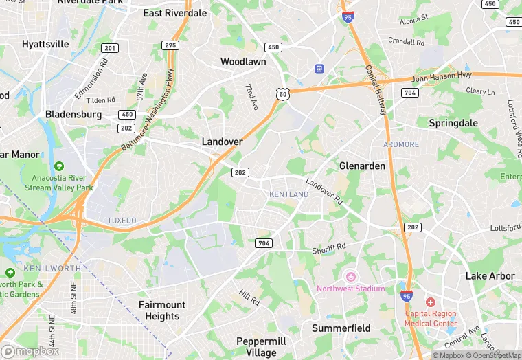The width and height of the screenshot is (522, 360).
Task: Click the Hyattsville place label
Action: pos(45,44)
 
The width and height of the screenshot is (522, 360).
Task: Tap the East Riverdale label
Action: pos(174,13)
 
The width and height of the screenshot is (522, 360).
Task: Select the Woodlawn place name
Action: pos(243,62)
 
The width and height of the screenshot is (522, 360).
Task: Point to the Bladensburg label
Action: pos(73,114)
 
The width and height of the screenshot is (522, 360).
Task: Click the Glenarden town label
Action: pos(363,166)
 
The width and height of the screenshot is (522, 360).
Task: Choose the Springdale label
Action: pos(453,124)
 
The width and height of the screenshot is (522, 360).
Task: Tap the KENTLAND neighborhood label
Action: pos(289,194)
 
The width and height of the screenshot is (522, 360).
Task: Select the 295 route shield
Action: pos(171,45)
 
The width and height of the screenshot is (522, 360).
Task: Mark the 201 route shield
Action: pos(110,48)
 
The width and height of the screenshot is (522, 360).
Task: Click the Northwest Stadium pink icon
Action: pos(350,276)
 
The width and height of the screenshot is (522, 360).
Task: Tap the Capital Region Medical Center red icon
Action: pos(431,302)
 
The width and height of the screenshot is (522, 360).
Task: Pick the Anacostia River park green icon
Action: pos(58,166)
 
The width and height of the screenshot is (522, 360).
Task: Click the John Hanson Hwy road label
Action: pos(442,76)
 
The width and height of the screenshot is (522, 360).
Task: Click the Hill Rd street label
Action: pos(249,297)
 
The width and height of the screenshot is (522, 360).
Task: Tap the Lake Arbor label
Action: pos(490,276)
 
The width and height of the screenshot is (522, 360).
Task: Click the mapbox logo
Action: pos(31,350)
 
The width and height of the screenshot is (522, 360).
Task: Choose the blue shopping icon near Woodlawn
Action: pos(319,68)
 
